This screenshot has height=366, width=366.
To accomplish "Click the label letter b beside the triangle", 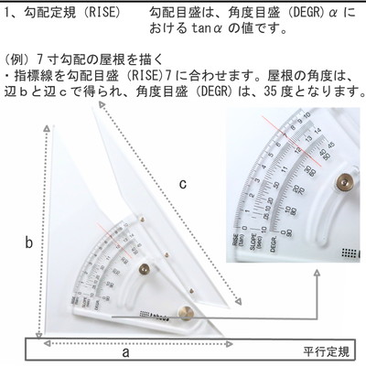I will (29, 242).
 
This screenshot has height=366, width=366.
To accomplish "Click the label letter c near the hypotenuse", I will (183, 184).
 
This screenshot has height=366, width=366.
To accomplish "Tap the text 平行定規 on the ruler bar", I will (327, 351).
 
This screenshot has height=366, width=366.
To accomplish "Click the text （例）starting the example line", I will (18, 57).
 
